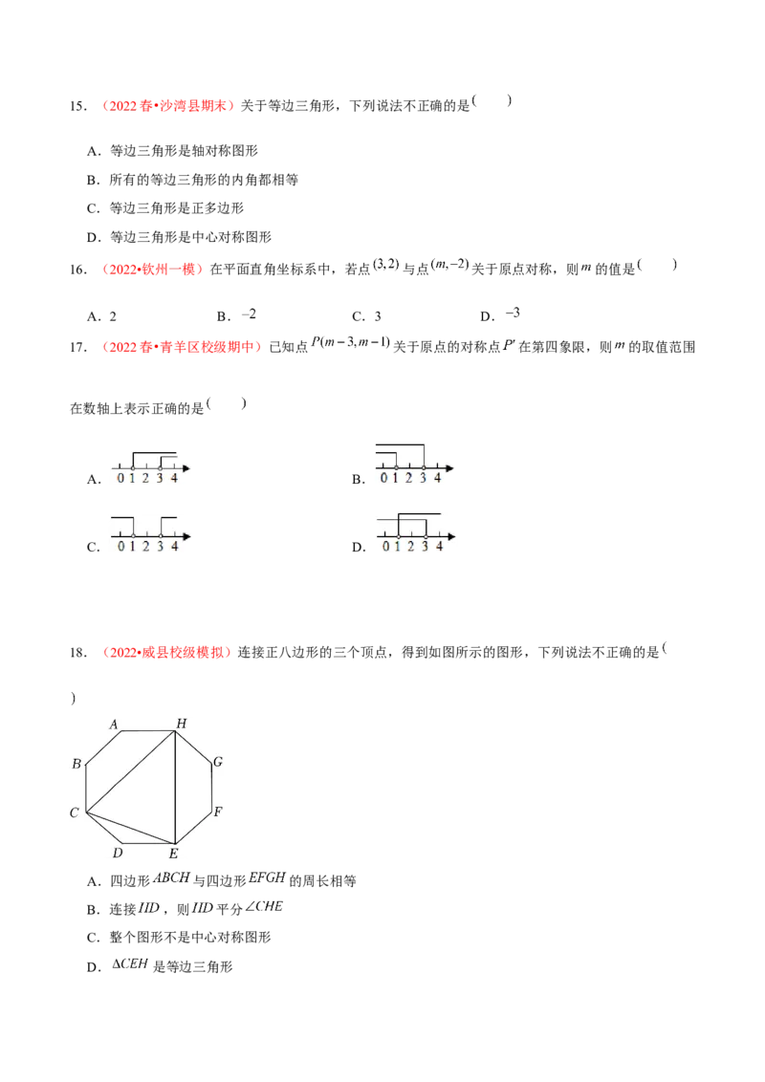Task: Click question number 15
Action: coord(78,105)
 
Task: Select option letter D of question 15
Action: coord(94,237)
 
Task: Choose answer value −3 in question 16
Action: coord(513,314)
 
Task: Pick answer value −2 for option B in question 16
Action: coord(249,314)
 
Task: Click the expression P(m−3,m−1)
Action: coord(351,342)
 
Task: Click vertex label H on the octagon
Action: coord(182,724)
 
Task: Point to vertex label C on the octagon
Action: coord(75,812)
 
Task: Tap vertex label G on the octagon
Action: coord(217,762)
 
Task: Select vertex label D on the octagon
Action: coord(118,853)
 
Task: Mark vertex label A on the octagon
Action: coord(114,725)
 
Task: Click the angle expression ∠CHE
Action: coord(264,907)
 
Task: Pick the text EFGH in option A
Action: coord(267,877)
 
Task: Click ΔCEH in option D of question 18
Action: coord(130,964)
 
